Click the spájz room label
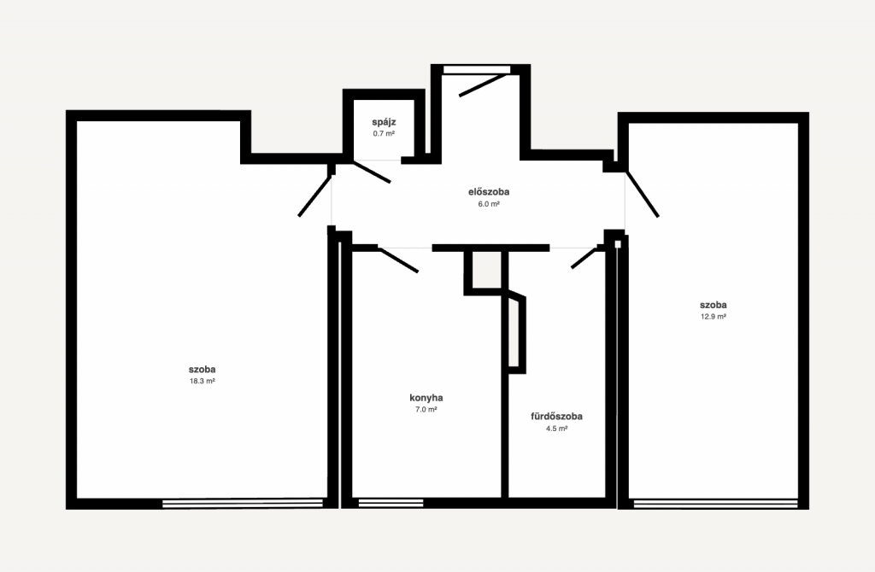pos(384,122)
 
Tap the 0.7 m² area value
pos(384,134)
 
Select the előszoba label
pos(488,192)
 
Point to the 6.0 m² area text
pos(488,204)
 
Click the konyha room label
pos(426,398)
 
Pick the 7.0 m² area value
pos(426,409)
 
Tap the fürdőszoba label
pos(556,417)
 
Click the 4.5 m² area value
pos(556,429)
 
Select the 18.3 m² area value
pos(202,382)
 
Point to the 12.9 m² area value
pos(714,317)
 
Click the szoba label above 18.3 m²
pos(202,369)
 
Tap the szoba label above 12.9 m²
pos(714,305)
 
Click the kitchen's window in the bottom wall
pos(391,503)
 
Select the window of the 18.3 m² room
pos(243,504)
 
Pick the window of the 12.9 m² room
pos(716,504)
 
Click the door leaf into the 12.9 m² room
pos(642,194)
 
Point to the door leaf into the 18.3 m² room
pos(315,196)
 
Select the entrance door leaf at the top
pos(484,85)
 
